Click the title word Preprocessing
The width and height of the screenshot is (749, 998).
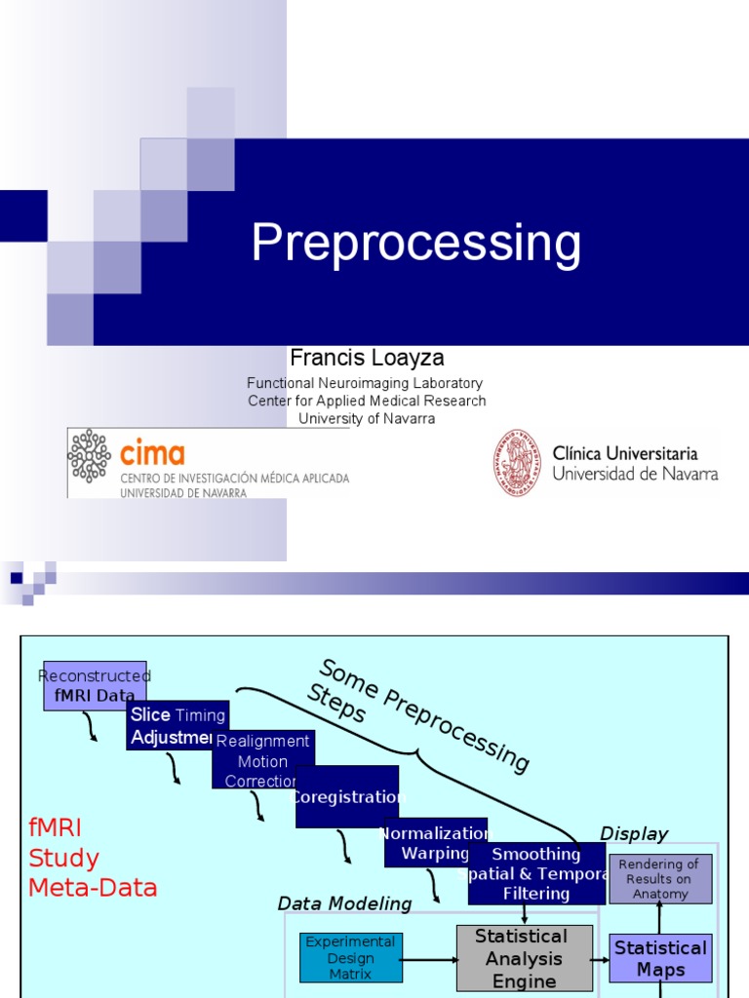coord(416,244)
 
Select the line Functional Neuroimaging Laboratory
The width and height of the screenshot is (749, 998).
coord(365,383)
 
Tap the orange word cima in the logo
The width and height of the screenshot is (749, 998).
coord(151,453)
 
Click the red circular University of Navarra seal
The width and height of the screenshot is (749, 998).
coord(517,463)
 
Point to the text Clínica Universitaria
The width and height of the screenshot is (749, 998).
coord(625,453)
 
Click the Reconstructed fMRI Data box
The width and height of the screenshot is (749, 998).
coord(95,686)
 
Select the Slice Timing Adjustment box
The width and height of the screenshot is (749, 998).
coord(177,725)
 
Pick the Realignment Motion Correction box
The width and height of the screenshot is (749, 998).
coord(263,759)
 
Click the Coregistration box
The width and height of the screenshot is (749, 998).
coord(347,796)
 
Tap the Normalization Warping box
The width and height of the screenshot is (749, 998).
coord(435,843)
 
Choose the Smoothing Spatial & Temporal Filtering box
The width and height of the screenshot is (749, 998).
coord(536,873)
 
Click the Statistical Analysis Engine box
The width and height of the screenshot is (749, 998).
coord(525,959)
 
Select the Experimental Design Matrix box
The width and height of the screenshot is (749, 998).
coord(350,957)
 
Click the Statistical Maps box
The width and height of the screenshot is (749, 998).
coord(660,958)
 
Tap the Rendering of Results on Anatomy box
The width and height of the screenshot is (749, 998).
coord(660,879)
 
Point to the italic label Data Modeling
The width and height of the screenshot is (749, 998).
coord(344,903)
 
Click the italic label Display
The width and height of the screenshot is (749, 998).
coord(634,833)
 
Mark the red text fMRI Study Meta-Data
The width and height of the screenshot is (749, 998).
coord(93,858)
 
